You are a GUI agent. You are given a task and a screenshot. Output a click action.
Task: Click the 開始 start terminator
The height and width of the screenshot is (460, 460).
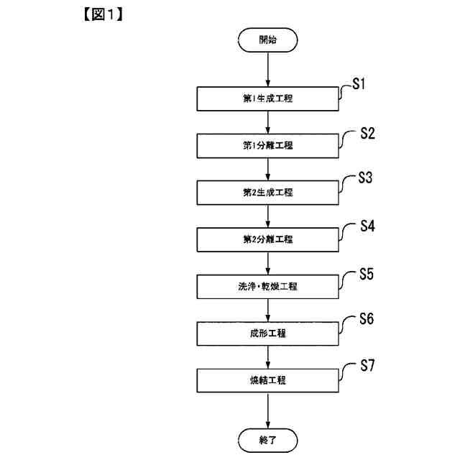[267, 41]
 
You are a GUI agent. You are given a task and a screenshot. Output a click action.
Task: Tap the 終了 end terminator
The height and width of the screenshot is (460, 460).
[267, 438]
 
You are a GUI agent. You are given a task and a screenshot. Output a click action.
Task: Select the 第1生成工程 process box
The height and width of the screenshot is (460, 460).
[267, 99]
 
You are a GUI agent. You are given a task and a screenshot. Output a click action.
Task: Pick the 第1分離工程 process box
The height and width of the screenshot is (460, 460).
[267, 146]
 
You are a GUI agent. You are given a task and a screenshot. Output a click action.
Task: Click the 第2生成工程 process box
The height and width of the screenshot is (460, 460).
[267, 193]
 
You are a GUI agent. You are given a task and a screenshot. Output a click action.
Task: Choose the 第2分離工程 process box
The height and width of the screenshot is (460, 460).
[267, 239]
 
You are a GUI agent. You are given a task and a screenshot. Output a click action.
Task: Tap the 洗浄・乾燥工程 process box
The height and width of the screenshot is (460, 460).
[267, 286]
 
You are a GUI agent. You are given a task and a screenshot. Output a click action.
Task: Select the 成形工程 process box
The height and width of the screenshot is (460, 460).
[267, 333]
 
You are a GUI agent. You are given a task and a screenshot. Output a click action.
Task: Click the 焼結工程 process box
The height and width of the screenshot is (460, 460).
[267, 380]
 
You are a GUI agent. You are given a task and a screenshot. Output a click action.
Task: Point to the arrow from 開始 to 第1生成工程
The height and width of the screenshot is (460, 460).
[267, 70]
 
